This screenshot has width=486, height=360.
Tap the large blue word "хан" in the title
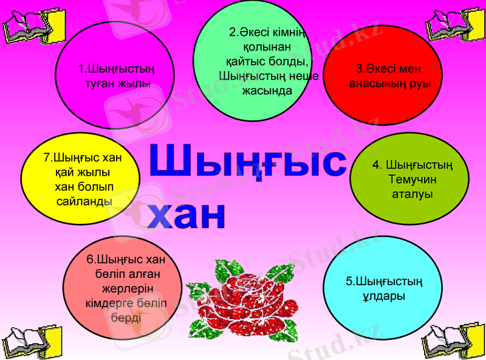(188, 214)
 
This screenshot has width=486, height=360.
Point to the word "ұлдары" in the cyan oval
(384, 296)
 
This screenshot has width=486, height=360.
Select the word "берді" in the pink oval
(126, 317)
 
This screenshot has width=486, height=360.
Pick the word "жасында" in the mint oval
(266, 91)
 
